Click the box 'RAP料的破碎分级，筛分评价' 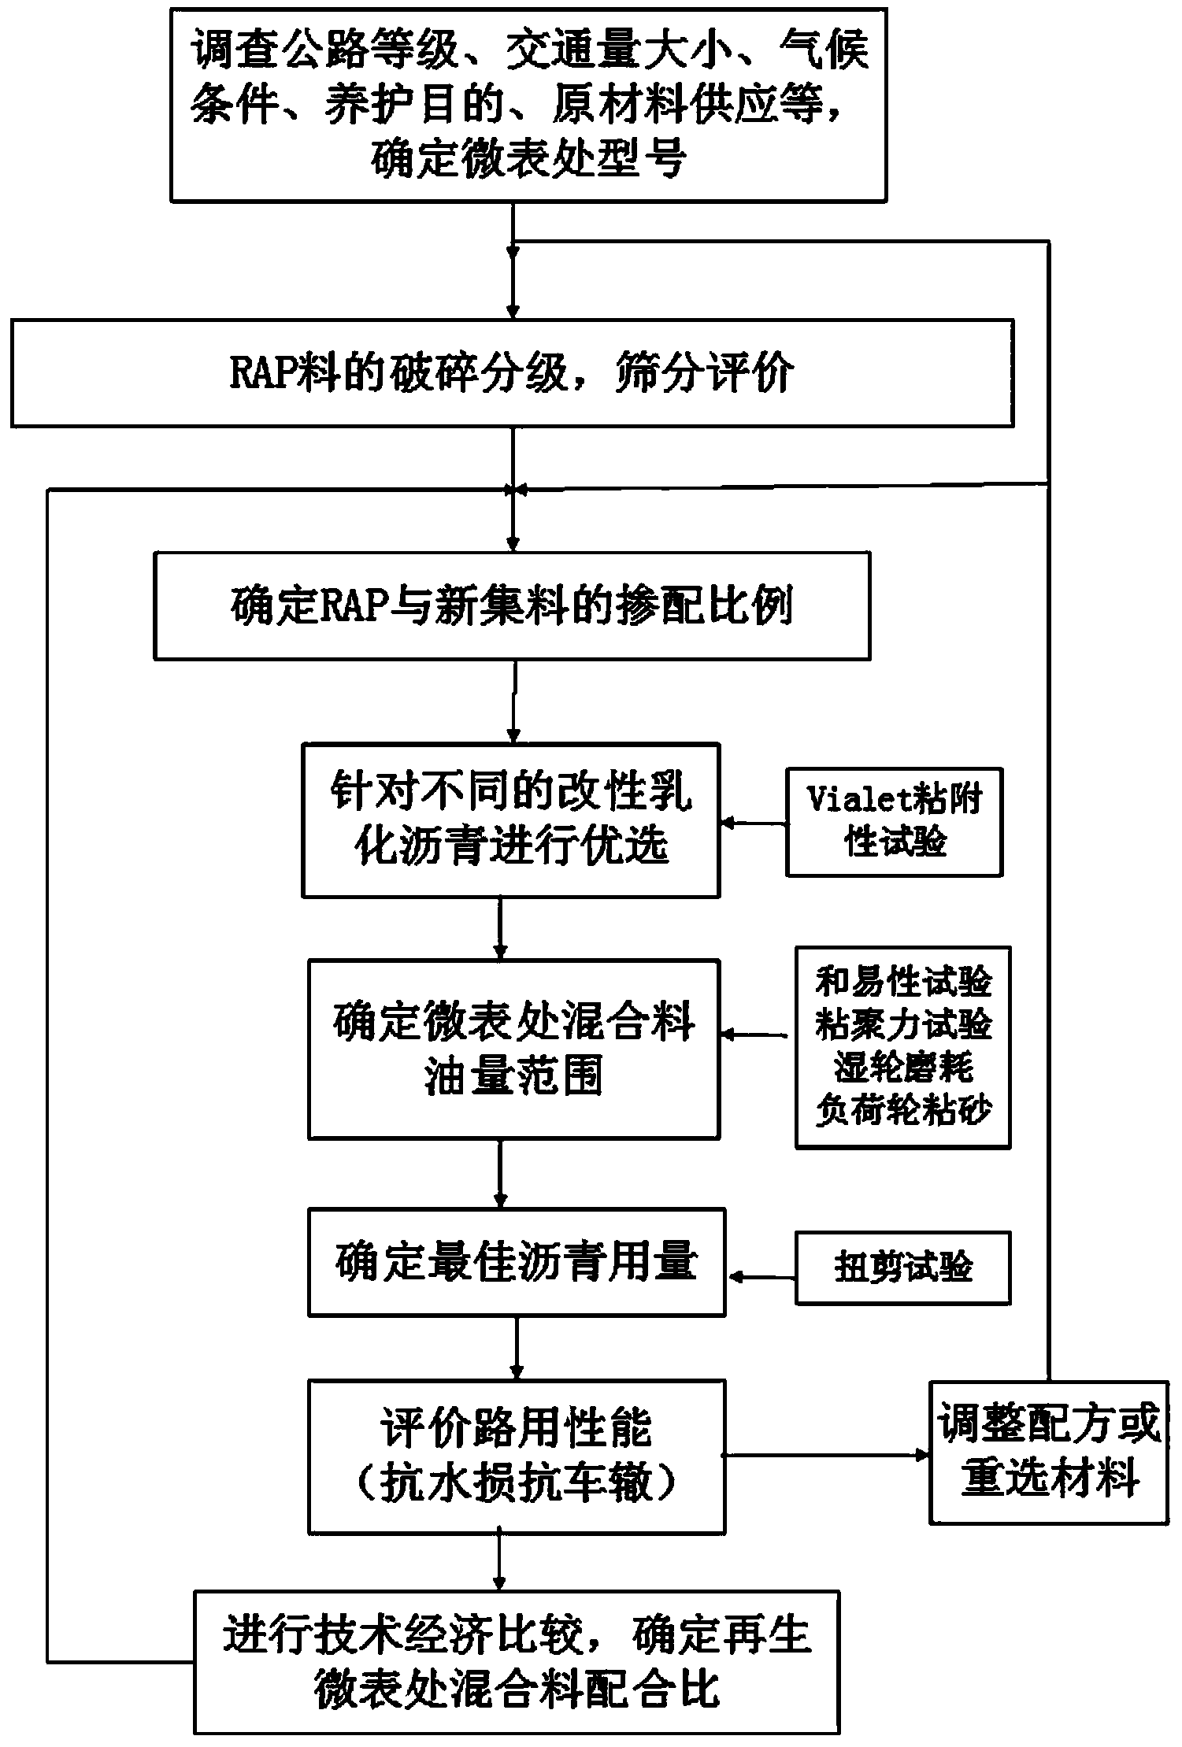[x=512, y=373]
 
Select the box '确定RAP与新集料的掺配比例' [x=512, y=606]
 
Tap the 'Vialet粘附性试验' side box [x=894, y=822]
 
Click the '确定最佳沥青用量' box [x=516, y=1262]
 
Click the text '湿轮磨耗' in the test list [x=903, y=1067]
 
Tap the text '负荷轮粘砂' [x=903, y=1109]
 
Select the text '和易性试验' [x=903, y=982]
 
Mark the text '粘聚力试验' [x=903, y=1024]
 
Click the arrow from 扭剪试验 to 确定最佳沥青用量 [x=761, y=1276]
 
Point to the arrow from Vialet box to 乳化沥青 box [x=754, y=824]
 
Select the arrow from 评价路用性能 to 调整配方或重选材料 [x=827, y=1455]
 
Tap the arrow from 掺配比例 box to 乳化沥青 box [x=514, y=701]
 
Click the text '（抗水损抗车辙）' [x=516, y=1484]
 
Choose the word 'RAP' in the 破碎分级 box [x=261, y=374]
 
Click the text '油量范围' [x=513, y=1076]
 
